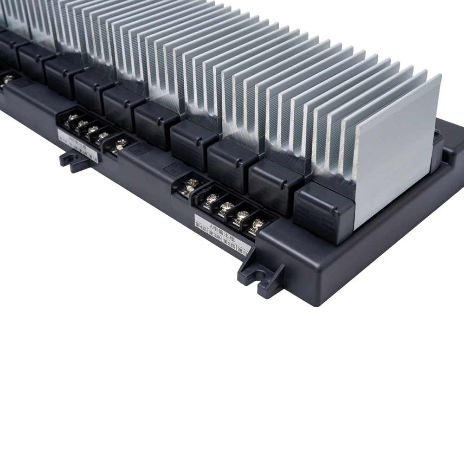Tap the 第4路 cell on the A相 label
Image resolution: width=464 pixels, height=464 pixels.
pyautogui.click(x=203, y=231)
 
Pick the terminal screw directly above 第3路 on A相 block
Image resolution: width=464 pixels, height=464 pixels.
pyautogui.click(x=226, y=206)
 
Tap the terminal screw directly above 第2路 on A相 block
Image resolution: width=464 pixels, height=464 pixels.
pyautogui.click(x=241, y=215)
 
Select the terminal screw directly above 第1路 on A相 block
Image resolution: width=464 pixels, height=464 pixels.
pyautogui.click(x=256, y=224)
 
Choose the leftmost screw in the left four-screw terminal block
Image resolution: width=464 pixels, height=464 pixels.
pyautogui.click(x=72, y=118)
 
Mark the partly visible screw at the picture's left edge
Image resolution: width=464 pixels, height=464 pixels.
pyautogui.click(x=6, y=79)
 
